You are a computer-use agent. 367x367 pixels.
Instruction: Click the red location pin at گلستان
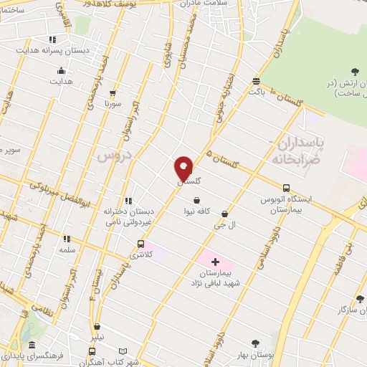point(183,168)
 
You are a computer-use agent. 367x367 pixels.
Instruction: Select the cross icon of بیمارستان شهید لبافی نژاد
point(216,262)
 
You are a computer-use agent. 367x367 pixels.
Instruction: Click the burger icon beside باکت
point(256,81)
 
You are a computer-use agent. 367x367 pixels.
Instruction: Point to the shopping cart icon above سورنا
point(113,93)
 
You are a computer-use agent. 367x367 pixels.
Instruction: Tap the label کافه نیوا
point(196,212)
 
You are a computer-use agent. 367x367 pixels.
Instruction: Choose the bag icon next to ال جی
point(225,214)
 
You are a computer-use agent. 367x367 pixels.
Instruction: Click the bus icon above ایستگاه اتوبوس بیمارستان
point(286,187)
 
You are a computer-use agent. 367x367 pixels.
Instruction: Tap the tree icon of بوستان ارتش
point(355,70)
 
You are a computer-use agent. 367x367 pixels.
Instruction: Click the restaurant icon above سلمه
point(67,239)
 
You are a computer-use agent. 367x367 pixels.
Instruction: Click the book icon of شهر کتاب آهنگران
point(123,351)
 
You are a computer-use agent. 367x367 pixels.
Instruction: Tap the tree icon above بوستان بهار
point(255,343)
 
